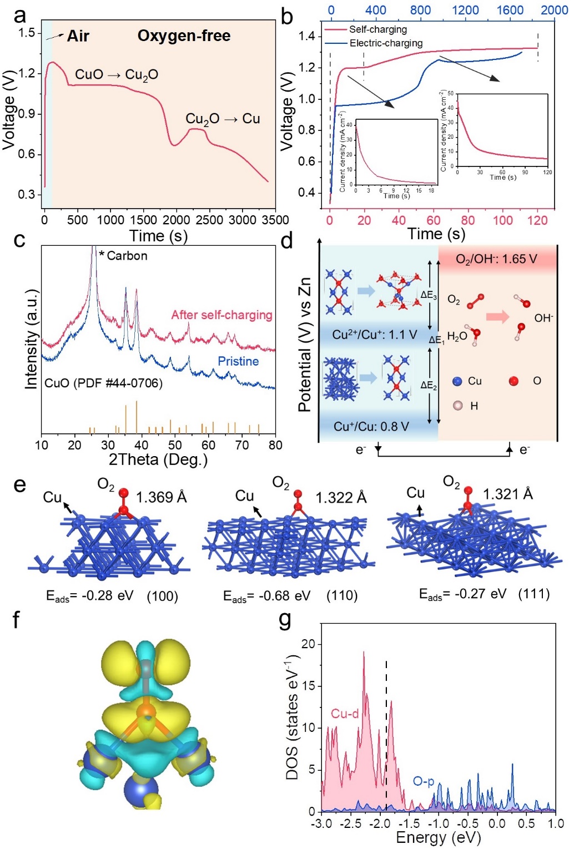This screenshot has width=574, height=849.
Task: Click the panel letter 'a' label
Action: [19, 15]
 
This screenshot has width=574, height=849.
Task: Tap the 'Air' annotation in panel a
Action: [78, 37]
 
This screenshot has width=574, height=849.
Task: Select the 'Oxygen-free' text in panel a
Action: [184, 36]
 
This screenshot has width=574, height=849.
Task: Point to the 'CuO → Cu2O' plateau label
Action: [117, 75]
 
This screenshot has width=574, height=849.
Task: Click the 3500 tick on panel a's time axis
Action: [275, 220]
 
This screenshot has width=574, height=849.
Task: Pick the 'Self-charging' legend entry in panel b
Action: [378, 29]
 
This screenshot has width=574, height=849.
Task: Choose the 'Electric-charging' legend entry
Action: [386, 43]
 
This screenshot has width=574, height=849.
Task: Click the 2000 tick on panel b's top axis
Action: [554, 10]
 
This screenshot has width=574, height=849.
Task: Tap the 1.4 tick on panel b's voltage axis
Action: [306, 36]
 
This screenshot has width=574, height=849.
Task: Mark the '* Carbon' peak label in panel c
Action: [124, 256]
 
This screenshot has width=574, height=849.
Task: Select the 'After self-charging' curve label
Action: [221, 315]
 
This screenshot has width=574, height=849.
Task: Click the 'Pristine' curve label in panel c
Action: [238, 361]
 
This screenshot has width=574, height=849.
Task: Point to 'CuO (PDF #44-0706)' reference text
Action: [103, 383]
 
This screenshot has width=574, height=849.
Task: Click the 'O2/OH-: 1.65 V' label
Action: [496, 259]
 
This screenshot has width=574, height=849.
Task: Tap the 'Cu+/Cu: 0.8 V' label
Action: [371, 427]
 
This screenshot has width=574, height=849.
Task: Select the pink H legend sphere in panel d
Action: [457, 406]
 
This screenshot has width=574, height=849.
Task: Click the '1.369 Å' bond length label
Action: [161, 497]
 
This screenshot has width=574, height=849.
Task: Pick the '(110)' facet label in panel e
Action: [341, 596]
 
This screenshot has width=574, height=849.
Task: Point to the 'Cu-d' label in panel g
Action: [345, 714]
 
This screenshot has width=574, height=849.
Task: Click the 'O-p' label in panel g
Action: [424, 781]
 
